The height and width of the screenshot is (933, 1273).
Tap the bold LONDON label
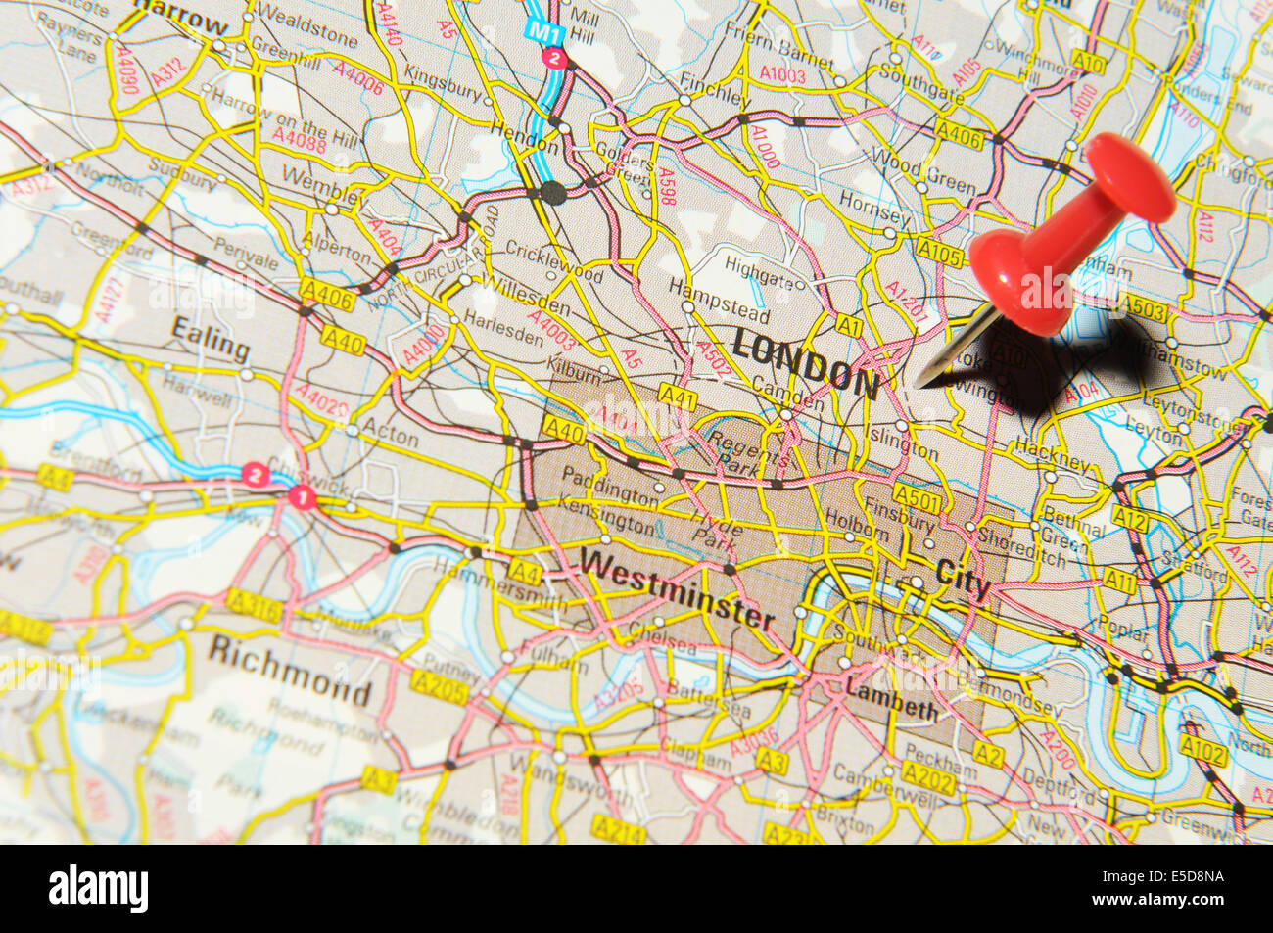click(805, 363)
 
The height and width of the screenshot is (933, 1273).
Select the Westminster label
click(677, 588)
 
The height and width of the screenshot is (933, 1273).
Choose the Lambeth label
click(891, 701)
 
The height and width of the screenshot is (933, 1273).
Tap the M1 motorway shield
click(541, 31)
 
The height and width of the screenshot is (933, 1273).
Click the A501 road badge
click(917, 501)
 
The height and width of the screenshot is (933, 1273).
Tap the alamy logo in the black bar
click(99, 889)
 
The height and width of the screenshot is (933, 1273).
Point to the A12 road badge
click(1129, 520)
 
